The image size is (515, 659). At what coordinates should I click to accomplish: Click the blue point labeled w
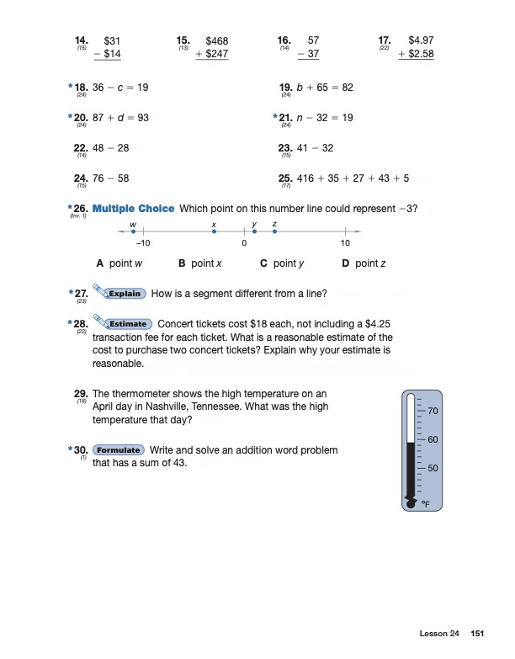(x=133, y=231)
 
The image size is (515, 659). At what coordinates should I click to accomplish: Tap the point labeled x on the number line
(x=214, y=231)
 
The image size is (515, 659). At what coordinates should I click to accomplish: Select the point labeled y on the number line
(x=254, y=231)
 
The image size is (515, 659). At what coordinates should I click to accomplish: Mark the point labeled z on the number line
(x=274, y=231)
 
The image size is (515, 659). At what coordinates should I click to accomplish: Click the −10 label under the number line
(x=142, y=244)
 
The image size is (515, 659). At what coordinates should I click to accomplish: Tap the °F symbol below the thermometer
(x=426, y=503)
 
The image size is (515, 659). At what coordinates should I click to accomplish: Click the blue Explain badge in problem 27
(x=125, y=294)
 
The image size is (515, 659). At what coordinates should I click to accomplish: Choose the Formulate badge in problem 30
(x=118, y=450)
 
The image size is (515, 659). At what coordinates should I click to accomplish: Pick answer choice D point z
(x=364, y=263)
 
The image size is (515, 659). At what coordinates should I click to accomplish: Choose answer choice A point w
(x=117, y=263)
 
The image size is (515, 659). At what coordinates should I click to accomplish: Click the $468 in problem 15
(x=217, y=40)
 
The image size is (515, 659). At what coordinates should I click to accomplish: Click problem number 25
(x=284, y=178)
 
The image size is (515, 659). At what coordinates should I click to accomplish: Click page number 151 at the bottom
(x=478, y=633)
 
